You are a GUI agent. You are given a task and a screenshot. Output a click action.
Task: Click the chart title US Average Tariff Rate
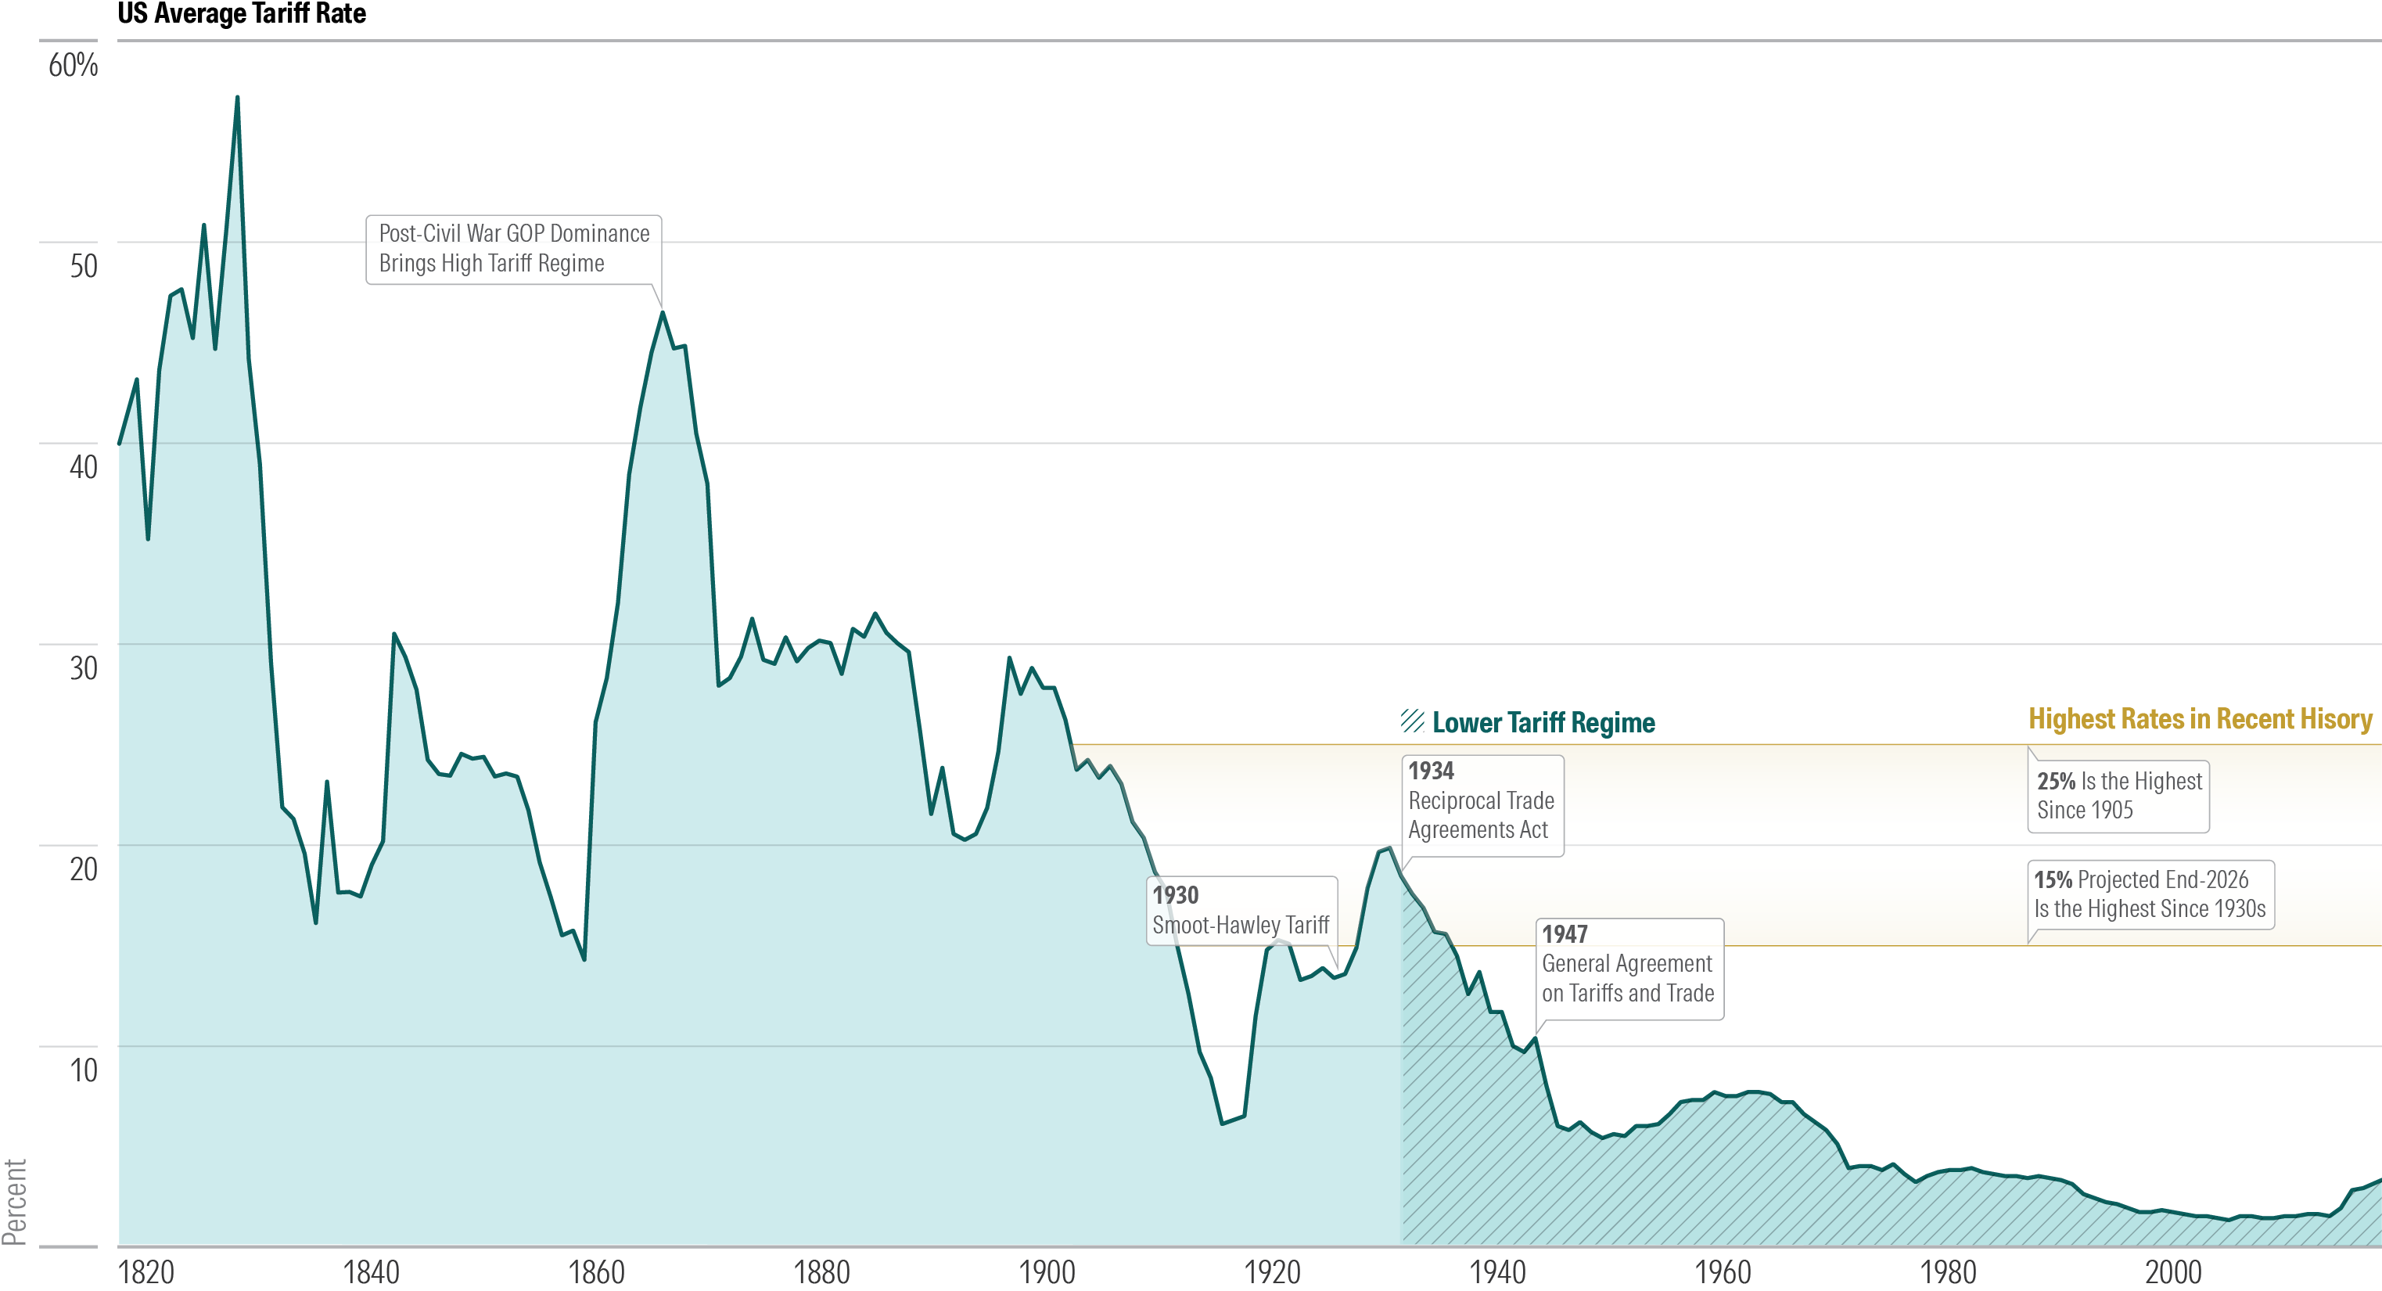coord(242,14)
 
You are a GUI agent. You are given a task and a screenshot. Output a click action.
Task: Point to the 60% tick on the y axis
coord(73,65)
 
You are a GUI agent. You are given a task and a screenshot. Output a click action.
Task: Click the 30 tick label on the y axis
coord(83,667)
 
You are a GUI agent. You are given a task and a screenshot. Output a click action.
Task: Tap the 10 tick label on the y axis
coord(83,1070)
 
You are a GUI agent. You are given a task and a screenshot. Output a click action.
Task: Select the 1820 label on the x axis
coord(146,1271)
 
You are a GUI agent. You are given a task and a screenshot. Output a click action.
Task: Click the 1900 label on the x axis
coord(1047,1271)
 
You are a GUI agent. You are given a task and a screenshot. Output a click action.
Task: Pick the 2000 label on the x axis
coord(2173,1271)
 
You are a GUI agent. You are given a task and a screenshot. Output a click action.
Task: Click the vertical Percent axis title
coord(14,1203)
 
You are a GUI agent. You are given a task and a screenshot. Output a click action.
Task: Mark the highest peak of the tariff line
coord(237,98)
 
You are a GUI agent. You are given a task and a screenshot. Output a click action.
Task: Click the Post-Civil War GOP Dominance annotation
coord(513,248)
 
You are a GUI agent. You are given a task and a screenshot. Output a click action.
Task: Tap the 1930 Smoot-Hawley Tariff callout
coord(1240,910)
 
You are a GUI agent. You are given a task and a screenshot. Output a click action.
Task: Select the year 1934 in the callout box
coord(1431,771)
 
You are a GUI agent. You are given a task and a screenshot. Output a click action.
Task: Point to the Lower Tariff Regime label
coord(1543,722)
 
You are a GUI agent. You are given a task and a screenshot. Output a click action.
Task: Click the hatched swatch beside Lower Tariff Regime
coord(1412,721)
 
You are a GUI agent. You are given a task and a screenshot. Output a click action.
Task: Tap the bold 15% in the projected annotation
coord(2052,879)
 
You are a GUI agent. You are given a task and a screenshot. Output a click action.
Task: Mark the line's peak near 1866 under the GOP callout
coord(663,314)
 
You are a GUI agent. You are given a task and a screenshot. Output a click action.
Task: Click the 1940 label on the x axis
coord(1497,1271)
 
